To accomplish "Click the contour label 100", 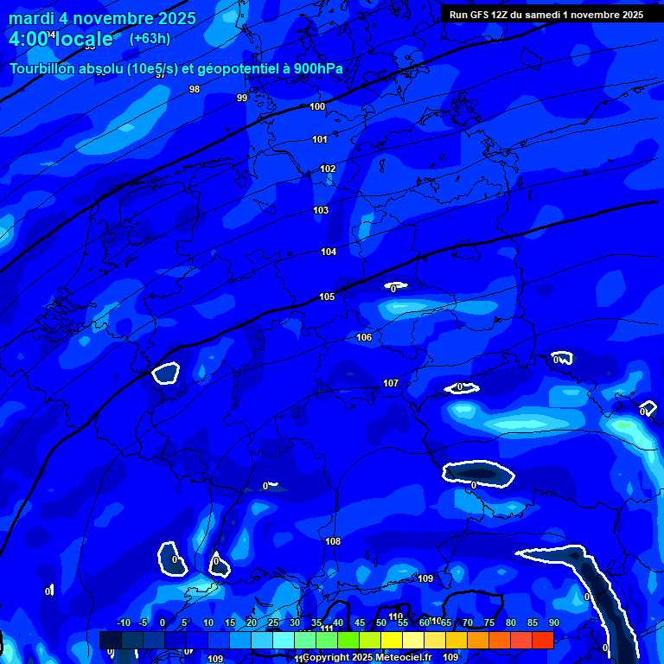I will point(317,106).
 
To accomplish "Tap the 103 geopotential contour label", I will point(321,210).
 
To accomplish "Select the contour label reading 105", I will point(326,297).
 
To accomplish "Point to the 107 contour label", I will point(391,383).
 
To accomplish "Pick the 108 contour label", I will point(333,541).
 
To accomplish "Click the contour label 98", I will point(195,89).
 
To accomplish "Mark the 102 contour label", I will point(328,169).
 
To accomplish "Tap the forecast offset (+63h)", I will point(150,38).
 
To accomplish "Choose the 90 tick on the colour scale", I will point(554,622).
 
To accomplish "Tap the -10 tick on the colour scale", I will point(123,622).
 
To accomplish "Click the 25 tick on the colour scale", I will point(273,622).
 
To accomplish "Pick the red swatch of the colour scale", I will point(543,640).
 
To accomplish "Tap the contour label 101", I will point(320,139).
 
